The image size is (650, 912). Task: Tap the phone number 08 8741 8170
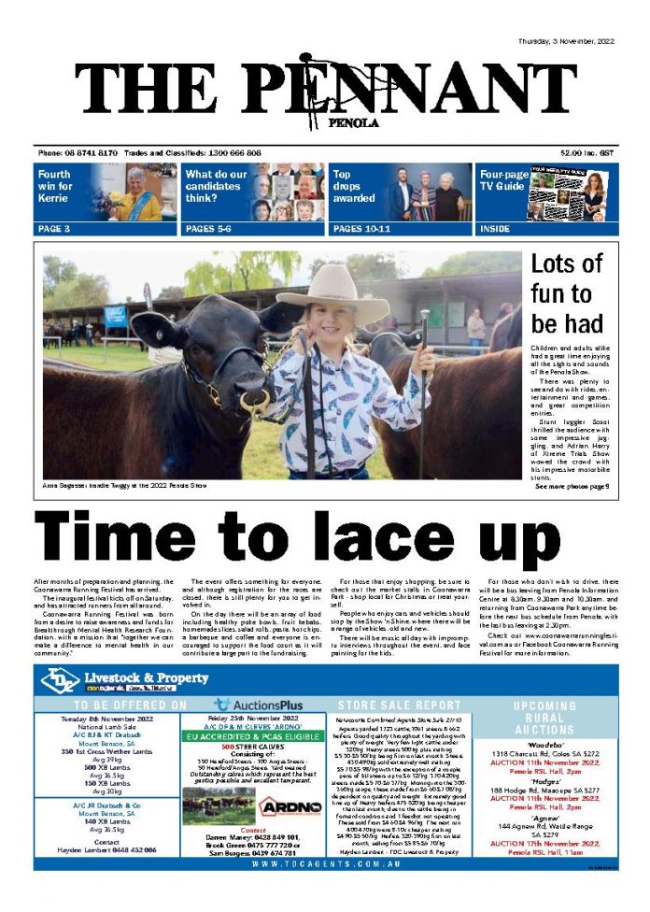[x=91, y=152]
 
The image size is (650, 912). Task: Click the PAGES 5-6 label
[x=208, y=228]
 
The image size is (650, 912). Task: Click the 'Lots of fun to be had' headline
[x=567, y=293]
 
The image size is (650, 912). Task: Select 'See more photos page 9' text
[x=572, y=487]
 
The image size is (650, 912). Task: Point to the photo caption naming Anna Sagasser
[x=124, y=486]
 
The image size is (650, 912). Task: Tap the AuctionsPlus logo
[x=259, y=704]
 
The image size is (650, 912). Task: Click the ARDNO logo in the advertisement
[x=290, y=805]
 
